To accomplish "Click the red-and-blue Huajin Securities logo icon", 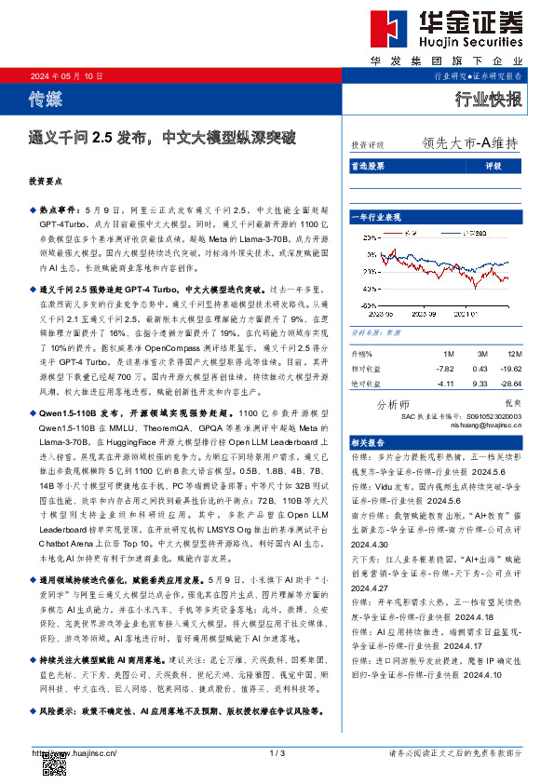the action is [x=390, y=30].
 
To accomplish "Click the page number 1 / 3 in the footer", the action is [x=276, y=752].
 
